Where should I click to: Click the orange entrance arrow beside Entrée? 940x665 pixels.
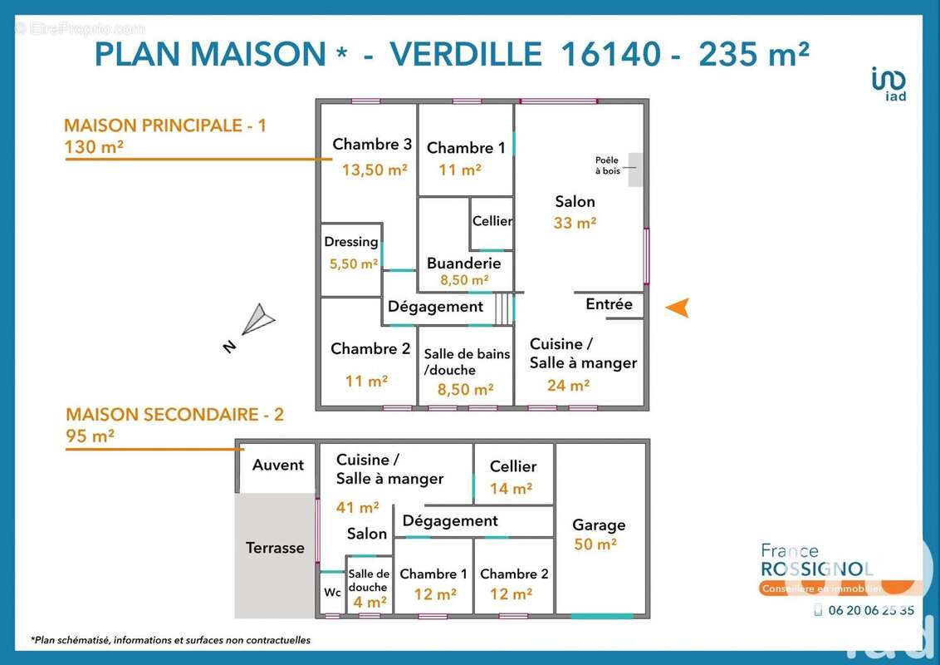click(678, 308)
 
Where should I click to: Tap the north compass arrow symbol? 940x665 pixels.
click(258, 319)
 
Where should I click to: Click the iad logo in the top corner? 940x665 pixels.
click(889, 83)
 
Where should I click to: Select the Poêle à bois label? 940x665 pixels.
click(607, 165)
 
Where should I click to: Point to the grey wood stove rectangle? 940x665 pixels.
click(635, 170)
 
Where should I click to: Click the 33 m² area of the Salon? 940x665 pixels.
click(575, 223)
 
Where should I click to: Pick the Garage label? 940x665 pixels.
click(599, 525)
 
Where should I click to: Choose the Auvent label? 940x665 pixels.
click(278, 465)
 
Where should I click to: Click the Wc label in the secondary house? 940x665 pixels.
click(332, 593)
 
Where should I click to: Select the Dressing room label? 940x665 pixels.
click(351, 242)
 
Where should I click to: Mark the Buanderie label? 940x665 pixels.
click(464, 263)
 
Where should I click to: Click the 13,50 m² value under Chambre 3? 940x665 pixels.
click(375, 170)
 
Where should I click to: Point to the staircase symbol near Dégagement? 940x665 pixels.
click(504, 308)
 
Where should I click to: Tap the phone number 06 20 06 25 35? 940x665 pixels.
click(871, 610)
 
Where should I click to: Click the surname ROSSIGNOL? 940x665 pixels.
click(816, 569)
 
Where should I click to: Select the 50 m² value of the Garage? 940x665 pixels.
click(595, 544)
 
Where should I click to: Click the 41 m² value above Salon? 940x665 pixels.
click(357, 507)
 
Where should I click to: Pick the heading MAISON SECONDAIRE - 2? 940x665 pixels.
click(174, 414)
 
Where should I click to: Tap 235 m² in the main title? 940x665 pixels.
click(754, 54)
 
